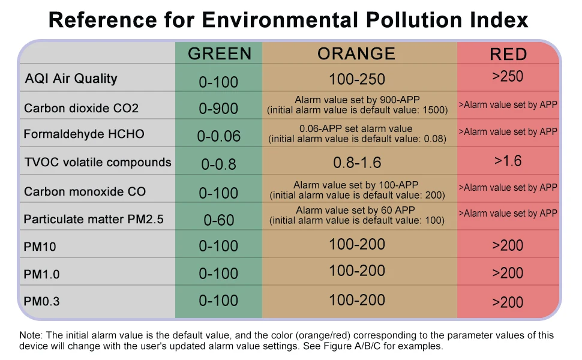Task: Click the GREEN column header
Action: pos(220,53)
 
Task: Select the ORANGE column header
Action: pos(356,53)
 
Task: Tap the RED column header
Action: pos(508,54)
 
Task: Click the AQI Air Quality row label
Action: pos(71,79)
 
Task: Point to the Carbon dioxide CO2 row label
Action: pos(81,109)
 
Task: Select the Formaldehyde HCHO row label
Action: pos(84,134)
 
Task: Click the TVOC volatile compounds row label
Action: pos(97,162)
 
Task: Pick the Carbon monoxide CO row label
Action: pos(85,192)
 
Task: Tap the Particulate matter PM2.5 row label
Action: pos(93,219)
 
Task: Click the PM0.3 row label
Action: pos(42,301)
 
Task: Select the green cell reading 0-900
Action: pos(218,109)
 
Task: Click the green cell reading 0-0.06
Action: pos(218,136)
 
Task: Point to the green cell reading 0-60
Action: pos(218,220)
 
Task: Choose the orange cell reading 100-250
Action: pos(357,79)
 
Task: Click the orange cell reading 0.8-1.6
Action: pos(357,163)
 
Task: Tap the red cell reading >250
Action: pos(508,76)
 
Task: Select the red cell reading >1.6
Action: pos(508,161)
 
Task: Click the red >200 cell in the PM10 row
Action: pos(508,245)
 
